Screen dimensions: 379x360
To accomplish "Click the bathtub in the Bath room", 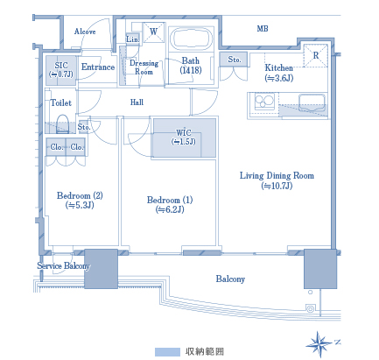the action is (191, 39).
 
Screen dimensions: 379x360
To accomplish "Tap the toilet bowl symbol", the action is (62, 124).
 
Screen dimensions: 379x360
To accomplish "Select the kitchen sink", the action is (312, 102).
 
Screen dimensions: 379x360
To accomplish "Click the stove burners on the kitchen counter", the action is (264, 102).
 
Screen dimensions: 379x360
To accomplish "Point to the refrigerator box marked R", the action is (316, 55).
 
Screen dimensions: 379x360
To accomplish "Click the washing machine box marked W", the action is (153, 32).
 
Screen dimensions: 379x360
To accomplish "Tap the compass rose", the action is (319, 344).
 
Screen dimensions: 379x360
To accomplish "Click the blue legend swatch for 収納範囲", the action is (167, 352).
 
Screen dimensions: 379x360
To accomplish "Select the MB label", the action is (263, 29).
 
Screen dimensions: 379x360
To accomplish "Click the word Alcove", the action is (85, 32).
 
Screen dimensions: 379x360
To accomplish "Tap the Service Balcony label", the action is (63, 266).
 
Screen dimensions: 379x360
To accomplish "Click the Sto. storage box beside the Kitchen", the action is (234, 60).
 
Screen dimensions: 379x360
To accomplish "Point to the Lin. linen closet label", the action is (133, 39).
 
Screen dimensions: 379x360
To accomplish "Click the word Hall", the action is (137, 102).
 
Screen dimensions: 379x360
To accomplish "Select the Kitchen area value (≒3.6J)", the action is (279, 78).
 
